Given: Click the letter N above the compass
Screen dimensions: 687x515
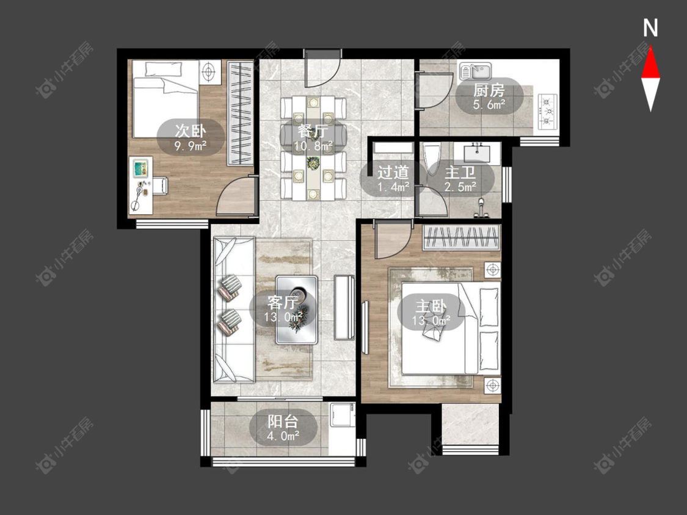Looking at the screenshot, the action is (650, 28).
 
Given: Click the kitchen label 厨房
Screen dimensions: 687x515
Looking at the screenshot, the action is (489, 91).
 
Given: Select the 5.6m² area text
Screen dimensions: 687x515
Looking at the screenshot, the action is (489, 105).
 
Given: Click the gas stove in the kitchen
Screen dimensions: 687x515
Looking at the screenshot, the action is (547, 111).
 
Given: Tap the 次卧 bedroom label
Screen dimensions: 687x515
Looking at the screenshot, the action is (191, 131).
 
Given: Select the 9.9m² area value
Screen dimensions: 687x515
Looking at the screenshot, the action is (191, 145).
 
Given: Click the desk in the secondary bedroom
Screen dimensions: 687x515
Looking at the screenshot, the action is (140, 185).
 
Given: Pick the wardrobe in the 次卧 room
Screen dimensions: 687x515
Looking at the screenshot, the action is (240, 113).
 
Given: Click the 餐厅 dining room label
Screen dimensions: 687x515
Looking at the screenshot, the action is (313, 131).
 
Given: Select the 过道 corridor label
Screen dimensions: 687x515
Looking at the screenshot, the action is (393, 173).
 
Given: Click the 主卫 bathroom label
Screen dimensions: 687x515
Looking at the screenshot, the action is (460, 173).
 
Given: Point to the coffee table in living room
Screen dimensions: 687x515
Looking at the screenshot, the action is (297, 309).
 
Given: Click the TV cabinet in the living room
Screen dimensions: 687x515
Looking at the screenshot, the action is (344, 308).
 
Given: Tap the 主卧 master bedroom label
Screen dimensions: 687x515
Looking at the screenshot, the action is (431, 306).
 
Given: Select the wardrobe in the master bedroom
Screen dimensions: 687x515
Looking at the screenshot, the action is (462, 237).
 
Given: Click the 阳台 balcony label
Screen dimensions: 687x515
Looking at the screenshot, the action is (283, 421).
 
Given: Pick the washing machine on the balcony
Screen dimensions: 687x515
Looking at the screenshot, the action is (342, 414).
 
